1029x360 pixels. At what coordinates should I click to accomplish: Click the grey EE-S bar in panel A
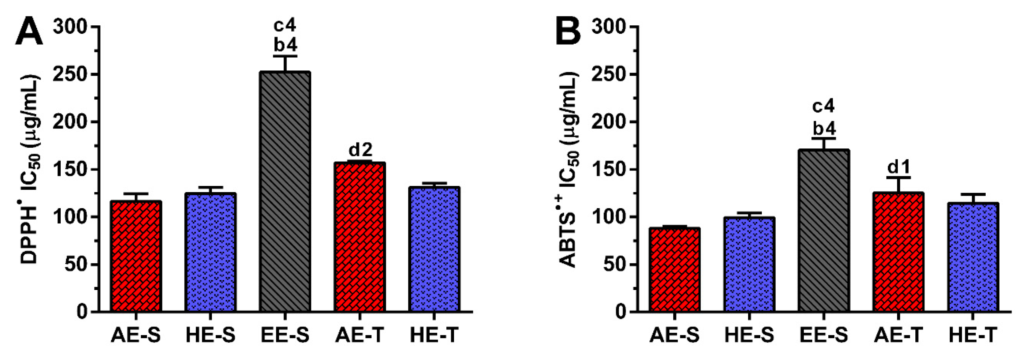click(285, 192)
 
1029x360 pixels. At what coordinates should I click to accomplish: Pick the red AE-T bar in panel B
click(898, 252)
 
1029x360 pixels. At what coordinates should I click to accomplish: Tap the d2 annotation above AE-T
click(360, 150)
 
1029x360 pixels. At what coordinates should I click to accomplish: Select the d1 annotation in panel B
click(898, 166)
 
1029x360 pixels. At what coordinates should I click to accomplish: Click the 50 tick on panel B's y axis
click(614, 265)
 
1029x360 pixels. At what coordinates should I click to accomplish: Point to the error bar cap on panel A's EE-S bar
click(285, 56)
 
